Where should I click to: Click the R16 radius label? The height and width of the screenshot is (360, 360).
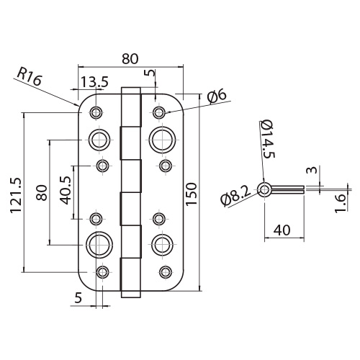pyautogui.click(x=30, y=76)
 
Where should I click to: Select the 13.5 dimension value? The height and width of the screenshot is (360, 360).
pyautogui.click(x=94, y=82)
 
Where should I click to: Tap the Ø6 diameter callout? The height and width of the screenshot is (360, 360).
pyautogui.click(x=217, y=97)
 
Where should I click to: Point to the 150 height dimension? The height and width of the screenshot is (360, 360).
pyautogui.click(x=192, y=194)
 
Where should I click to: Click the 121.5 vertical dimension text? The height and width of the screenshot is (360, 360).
pyautogui.click(x=16, y=195)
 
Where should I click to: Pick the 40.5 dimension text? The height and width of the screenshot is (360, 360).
pyautogui.click(x=66, y=190)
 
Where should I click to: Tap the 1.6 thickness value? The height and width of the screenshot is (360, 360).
pyautogui.click(x=340, y=204)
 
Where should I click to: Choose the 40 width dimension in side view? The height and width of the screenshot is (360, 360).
pyautogui.click(x=282, y=230)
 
